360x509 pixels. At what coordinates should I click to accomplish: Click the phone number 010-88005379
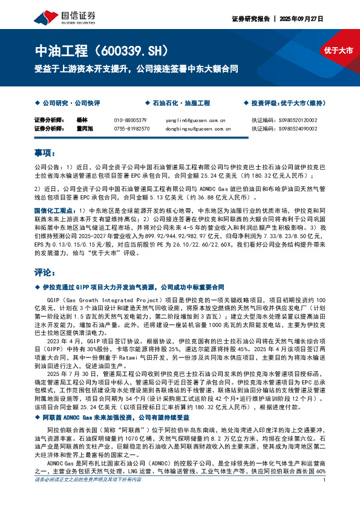(x=130, y=120)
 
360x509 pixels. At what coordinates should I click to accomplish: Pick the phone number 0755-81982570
(x=131, y=128)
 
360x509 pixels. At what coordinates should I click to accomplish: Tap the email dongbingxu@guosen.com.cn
(x=197, y=128)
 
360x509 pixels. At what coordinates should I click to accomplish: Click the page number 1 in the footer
(x=325, y=497)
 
